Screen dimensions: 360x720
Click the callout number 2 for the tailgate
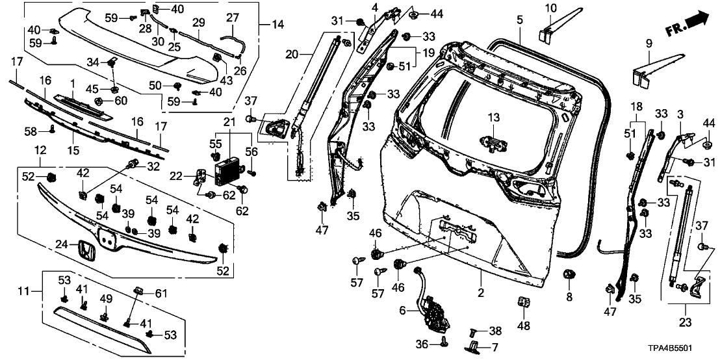click(x=481, y=293)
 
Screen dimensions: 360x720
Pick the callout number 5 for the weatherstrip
click(x=519, y=19)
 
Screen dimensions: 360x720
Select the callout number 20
click(x=290, y=53)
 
